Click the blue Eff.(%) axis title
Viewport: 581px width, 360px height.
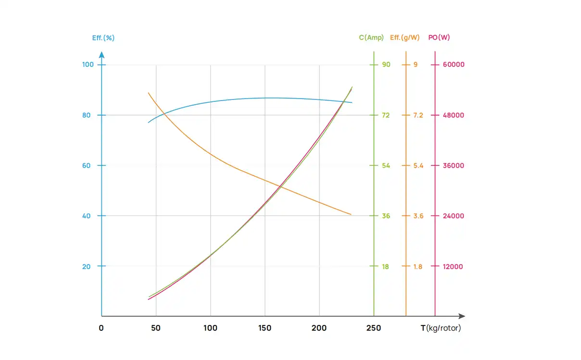(x=103, y=37)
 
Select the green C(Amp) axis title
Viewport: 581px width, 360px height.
(x=371, y=37)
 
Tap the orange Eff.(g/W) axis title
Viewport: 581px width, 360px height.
(x=404, y=37)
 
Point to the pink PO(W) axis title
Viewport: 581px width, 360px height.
(x=439, y=37)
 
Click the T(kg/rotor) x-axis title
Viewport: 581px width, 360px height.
(x=441, y=328)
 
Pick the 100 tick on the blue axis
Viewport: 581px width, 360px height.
(x=88, y=64)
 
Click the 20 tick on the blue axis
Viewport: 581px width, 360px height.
(x=87, y=266)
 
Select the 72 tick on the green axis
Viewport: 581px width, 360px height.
(x=386, y=115)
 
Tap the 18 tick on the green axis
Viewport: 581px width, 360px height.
(x=386, y=266)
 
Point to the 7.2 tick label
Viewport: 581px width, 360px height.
(x=418, y=115)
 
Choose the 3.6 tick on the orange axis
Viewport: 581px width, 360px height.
(x=418, y=216)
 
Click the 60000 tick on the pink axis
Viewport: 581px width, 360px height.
(x=454, y=64)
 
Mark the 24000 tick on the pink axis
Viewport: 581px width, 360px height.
(x=454, y=216)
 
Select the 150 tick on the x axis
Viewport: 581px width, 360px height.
(x=265, y=328)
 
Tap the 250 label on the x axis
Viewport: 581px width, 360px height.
(x=374, y=328)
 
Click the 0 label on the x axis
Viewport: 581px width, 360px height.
(x=101, y=328)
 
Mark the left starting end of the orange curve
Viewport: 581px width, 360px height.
(x=148, y=93)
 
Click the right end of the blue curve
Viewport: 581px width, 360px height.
(x=352, y=102)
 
